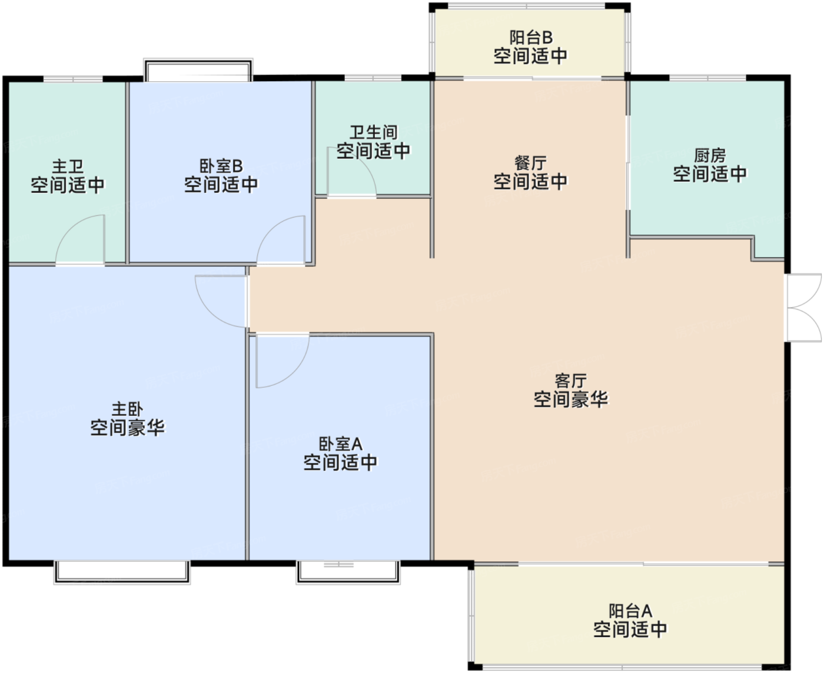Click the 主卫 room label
tap(68, 166)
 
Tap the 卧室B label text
tap(221, 166)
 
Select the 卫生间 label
tap(374, 132)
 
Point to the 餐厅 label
tap(530, 163)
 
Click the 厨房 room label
tap(710, 155)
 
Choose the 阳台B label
tap(530, 38)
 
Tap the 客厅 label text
tap(571, 381)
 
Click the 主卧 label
tap(127, 409)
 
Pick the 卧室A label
tap(340, 444)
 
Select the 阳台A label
tap(630, 611)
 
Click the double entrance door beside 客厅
tap(805, 308)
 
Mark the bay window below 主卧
tap(122, 572)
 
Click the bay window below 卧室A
tap(348, 572)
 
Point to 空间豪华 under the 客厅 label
tap(571, 399)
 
